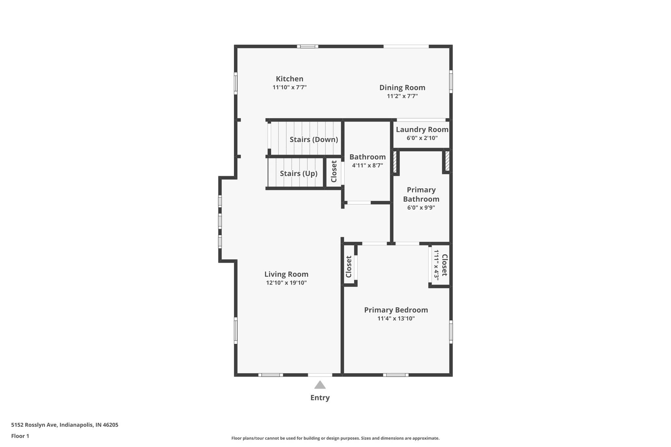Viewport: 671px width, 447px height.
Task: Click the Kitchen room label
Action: pos(289,79)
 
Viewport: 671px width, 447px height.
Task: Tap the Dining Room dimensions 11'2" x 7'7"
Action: pos(402,96)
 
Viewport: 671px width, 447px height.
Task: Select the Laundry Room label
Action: pos(422,130)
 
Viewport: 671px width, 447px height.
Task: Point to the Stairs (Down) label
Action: pos(314,140)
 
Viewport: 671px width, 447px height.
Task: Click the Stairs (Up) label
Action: pos(298,174)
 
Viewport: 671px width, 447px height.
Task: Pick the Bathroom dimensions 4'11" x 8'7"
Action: pos(367,166)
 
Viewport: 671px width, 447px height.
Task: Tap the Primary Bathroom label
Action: pos(421,195)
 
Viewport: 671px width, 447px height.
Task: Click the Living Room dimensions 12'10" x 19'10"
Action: pos(286,283)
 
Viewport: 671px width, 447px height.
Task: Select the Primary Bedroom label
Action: pos(396,310)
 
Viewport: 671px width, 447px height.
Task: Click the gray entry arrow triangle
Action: pos(320,385)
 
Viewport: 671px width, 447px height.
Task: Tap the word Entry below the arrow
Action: pos(320,398)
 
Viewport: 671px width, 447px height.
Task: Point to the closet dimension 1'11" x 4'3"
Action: pos(436,264)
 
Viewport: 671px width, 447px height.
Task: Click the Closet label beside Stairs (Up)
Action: pos(334,171)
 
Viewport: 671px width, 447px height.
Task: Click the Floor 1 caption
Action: pos(20,436)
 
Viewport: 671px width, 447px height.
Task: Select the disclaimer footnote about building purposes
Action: pos(335,438)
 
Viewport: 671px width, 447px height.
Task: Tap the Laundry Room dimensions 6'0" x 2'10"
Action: pos(422,138)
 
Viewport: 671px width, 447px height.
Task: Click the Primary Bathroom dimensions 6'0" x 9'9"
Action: pos(421,208)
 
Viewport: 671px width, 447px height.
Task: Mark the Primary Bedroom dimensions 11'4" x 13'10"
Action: pos(396,319)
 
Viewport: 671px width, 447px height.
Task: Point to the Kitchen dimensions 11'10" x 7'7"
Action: pos(289,87)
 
